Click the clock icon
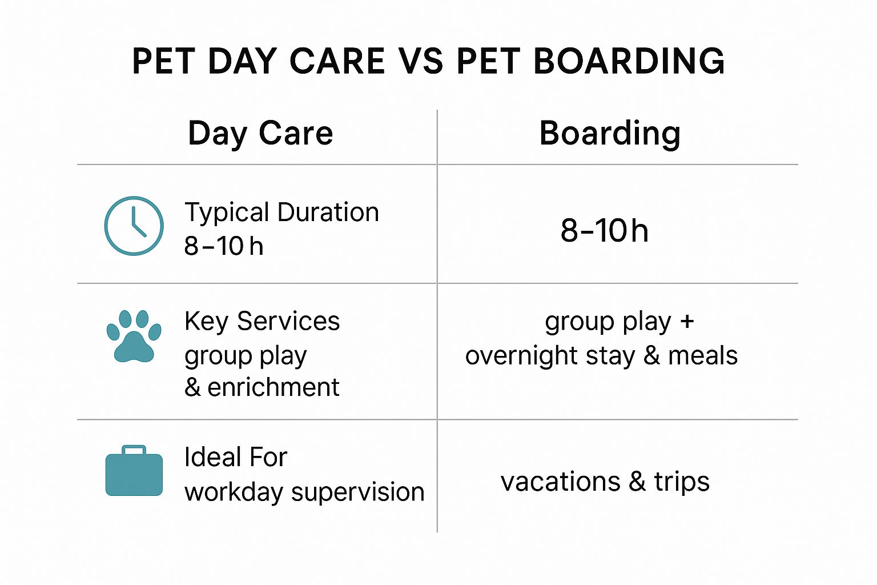134,226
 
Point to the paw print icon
134,336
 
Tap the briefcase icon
134,471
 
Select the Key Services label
262,322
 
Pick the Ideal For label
236,457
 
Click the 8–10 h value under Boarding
605,230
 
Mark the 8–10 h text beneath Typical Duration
224,246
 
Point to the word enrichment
273,387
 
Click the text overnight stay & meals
601,356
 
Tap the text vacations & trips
605,482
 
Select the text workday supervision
304,492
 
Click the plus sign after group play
687,322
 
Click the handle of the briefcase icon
134,450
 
